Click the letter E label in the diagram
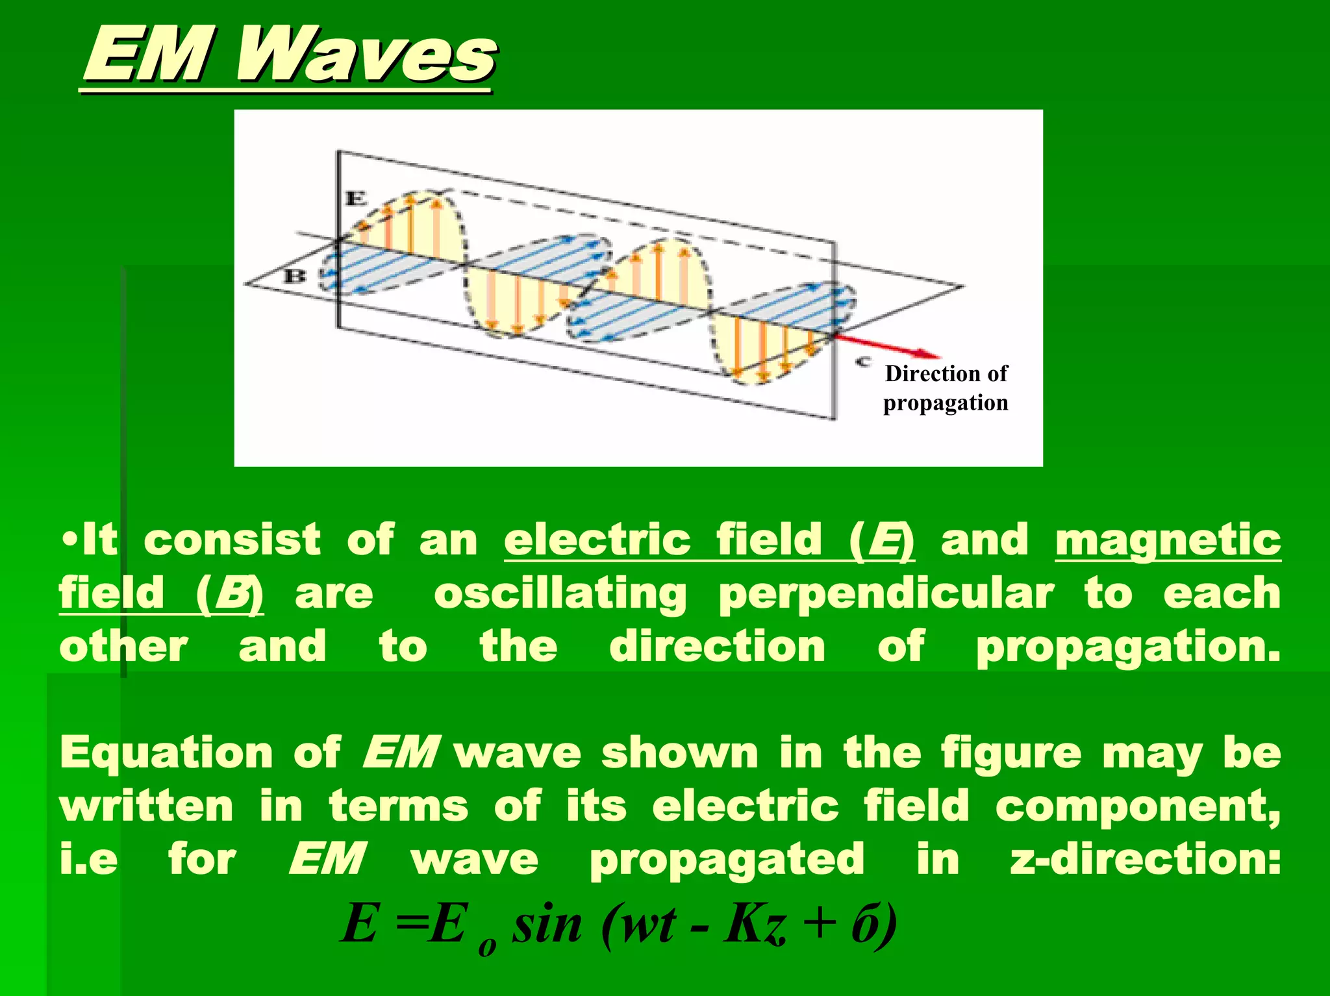[355, 198]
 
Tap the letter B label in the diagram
[295, 277]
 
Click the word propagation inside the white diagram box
[946, 403]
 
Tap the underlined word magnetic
[1168, 540]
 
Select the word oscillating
[560, 593]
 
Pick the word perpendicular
[886, 593]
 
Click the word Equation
[166, 753]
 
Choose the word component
[1136, 806]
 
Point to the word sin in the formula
[547, 925]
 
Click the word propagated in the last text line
[727, 860]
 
